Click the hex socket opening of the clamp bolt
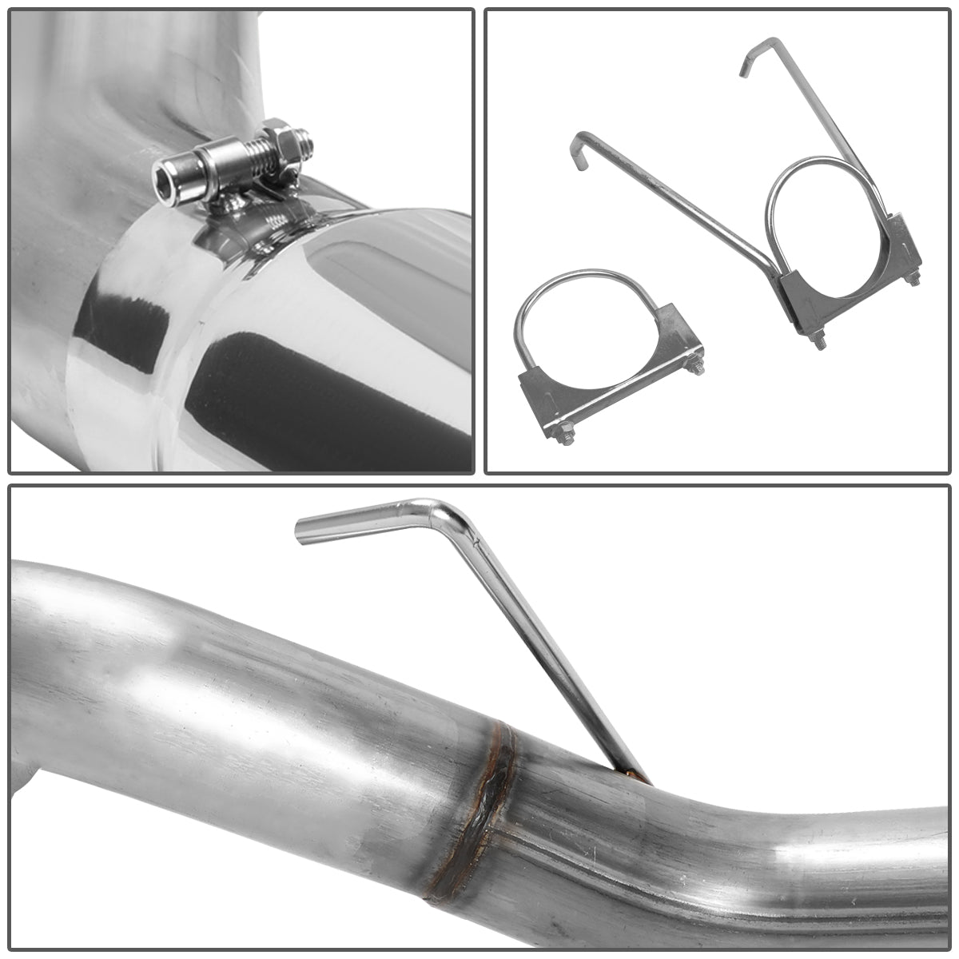click(x=167, y=166)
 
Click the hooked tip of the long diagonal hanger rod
click(x=577, y=152)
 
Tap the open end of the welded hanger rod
click(x=302, y=529)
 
